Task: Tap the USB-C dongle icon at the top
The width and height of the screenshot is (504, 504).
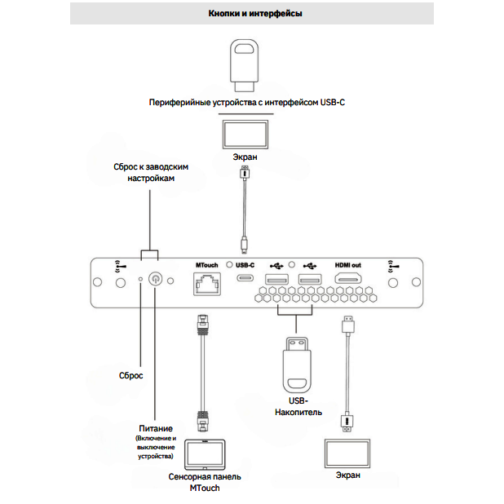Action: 245,67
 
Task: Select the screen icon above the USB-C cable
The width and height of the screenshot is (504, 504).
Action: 245,132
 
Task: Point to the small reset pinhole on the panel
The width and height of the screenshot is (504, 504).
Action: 140,280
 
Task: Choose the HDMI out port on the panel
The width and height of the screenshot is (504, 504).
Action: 349,280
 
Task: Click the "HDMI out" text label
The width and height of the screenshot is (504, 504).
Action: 348,265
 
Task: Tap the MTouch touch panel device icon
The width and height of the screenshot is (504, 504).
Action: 205,454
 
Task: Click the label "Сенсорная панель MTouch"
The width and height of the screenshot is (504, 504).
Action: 205,481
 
